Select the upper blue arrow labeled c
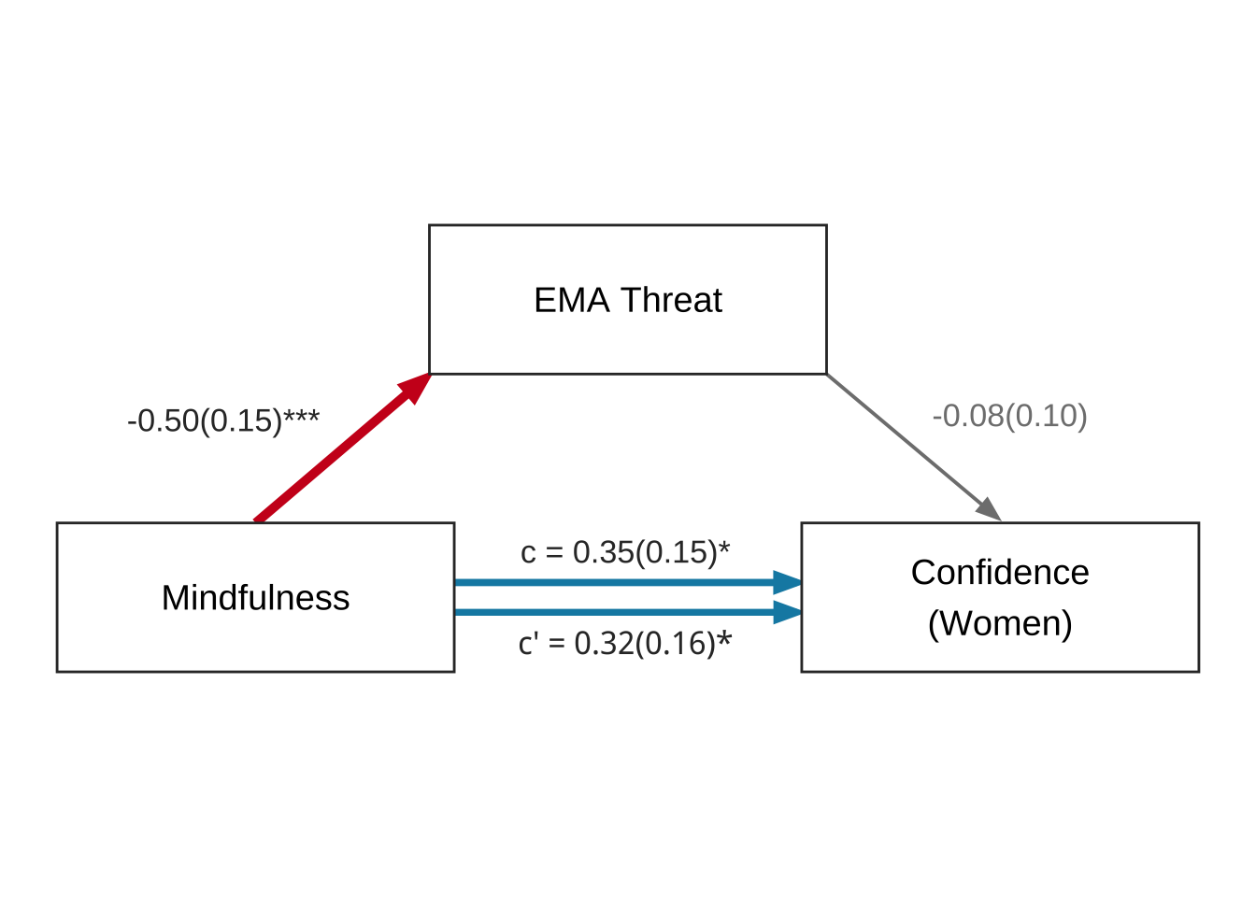point(607,582)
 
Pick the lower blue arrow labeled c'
point(607,612)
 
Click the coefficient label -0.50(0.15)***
point(222,420)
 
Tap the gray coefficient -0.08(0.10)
point(1009,416)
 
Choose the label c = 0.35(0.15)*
point(624,552)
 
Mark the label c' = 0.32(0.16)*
point(624,643)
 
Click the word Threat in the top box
point(671,300)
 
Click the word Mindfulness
point(255,598)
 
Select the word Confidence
point(1000,573)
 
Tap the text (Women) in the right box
point(1000,623)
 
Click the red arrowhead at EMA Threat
point(416,385)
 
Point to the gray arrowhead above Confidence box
point(990,510)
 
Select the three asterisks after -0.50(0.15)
point(302,417)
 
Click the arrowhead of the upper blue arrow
point(788,582)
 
